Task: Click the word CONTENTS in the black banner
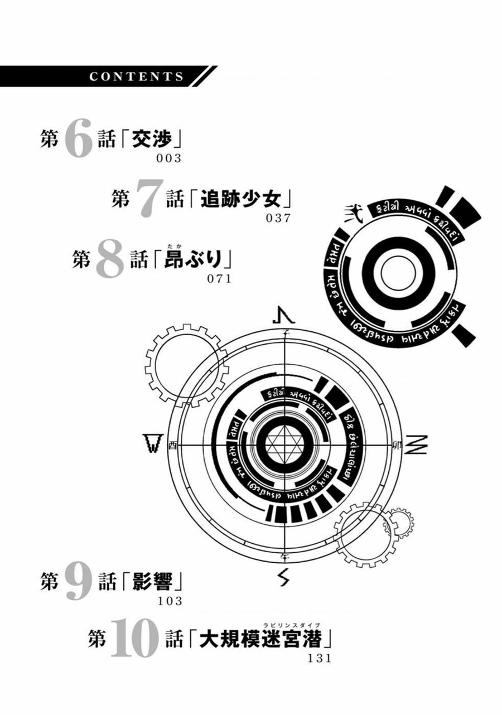136,77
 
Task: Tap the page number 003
170,158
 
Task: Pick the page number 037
279,218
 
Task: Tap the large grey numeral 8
109,260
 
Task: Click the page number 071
219,279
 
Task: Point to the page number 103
170,601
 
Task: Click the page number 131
320,658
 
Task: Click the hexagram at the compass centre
286,444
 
